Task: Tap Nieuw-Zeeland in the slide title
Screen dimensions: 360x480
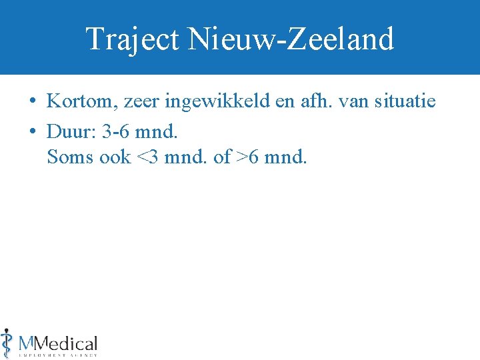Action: [291, 39]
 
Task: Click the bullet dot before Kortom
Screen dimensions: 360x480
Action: [33, 102]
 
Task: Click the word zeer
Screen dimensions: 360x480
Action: [136, 102]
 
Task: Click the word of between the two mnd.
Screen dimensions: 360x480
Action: [222, 157]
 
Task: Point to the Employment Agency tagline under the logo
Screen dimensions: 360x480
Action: [59, 355]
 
